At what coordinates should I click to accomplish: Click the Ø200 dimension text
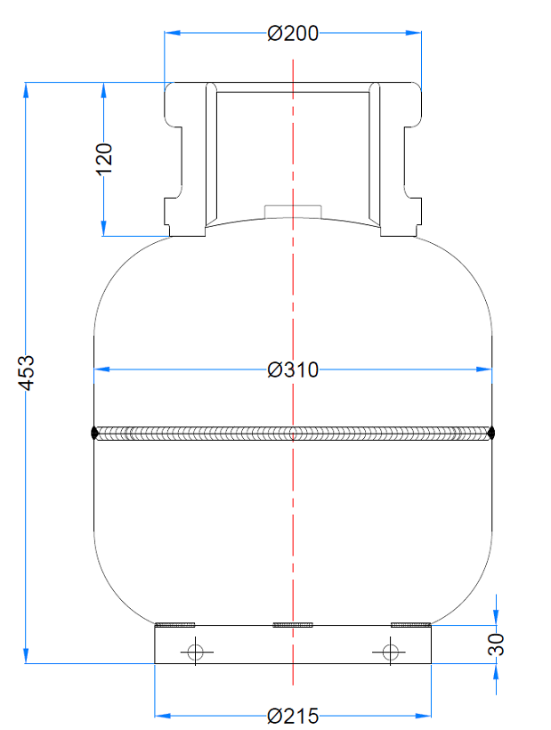point(293,34)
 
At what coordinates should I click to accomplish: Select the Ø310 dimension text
point(293,369)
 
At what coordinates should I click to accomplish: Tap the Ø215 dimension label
point(293,716)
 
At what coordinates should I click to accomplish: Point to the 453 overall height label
point(27,372)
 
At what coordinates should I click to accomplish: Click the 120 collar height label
point(104,158)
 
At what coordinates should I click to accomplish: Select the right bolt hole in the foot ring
point(390,652)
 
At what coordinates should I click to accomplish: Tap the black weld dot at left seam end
point(95,434)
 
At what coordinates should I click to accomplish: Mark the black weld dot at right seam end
point(491,434)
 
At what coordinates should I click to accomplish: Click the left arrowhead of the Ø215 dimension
point(162,715)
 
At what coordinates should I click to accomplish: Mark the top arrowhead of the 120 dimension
point(104,89)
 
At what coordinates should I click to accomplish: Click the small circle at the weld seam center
point(293,434)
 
